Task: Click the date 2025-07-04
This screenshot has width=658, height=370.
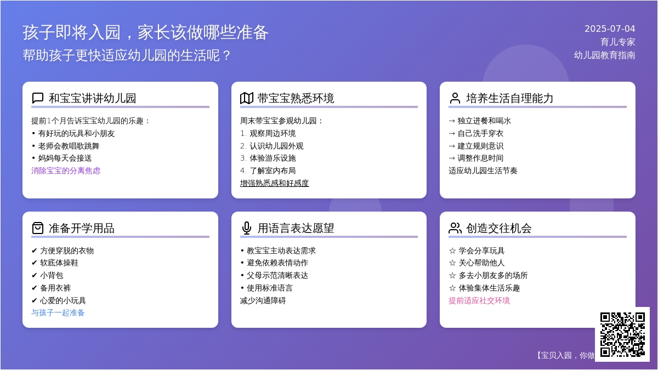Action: (610, 29)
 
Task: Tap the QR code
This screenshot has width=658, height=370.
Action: (622, 334)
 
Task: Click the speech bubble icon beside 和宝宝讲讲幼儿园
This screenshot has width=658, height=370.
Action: (38, 98)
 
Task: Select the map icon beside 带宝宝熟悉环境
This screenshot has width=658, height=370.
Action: (246, 98)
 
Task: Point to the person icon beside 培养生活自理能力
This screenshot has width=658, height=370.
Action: (455, 98)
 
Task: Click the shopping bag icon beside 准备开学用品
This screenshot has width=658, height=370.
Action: (38, 228)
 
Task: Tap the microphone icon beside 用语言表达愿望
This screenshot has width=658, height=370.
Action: (246, 228)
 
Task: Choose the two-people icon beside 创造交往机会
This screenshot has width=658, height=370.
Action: (455, 228)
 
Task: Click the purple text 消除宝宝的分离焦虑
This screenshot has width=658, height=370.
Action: (66, 170)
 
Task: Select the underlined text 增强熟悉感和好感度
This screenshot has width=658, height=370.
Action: (274, 183)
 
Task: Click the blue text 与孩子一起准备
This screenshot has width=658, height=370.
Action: (58, 313)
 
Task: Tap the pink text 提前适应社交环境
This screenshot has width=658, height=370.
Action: (479, 300)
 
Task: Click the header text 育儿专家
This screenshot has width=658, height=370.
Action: (617, 42)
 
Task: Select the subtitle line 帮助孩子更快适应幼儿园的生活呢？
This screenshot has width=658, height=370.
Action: (127, 55)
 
